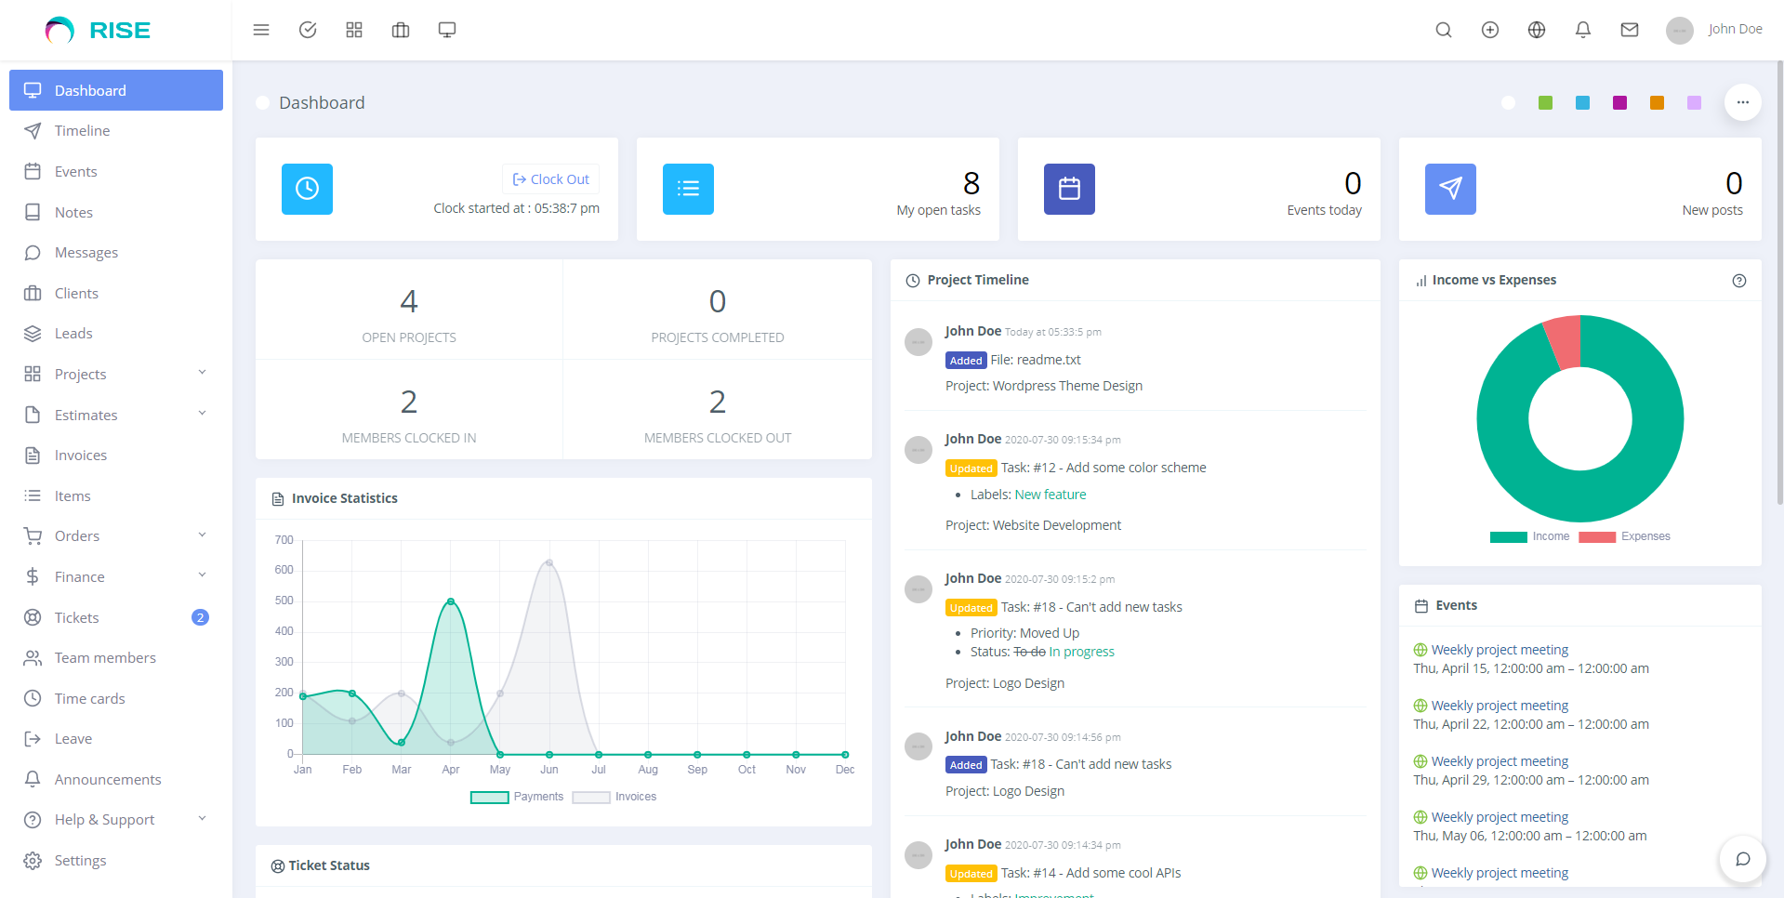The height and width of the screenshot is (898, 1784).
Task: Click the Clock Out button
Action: [x=551, y=179]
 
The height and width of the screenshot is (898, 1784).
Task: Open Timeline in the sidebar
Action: [x=82, y=131]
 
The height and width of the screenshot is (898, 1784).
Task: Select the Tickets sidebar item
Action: [x=76, y=618]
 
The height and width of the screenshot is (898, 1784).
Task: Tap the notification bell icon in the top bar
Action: [x=1582, y=30]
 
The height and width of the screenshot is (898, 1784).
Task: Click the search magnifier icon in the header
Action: [x=1443, y=30]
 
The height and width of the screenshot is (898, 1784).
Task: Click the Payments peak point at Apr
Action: [x=451, y=601]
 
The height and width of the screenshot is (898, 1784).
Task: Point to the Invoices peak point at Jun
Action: [x=549, y=562]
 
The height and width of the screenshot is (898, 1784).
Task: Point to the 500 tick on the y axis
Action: [x=284, y=601]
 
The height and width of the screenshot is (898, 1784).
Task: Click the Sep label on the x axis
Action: [x=697, y=770]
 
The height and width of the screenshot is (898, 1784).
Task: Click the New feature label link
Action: [x=1051, y=495]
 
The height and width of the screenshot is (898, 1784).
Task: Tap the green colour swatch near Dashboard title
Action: [x=1545, y=103]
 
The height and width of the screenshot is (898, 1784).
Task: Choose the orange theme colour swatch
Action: [x=1657, y=103]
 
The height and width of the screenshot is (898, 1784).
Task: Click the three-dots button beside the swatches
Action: [x=1742, y=102]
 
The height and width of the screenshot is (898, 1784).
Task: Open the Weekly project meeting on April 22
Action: [x=1499, y=706]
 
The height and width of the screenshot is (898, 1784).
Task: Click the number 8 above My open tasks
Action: [x=971, y=183]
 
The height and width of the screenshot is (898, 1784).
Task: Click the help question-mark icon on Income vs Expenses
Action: [x=1738, y=281]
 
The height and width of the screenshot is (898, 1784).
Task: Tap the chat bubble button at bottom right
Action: [x=1742, y=859]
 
